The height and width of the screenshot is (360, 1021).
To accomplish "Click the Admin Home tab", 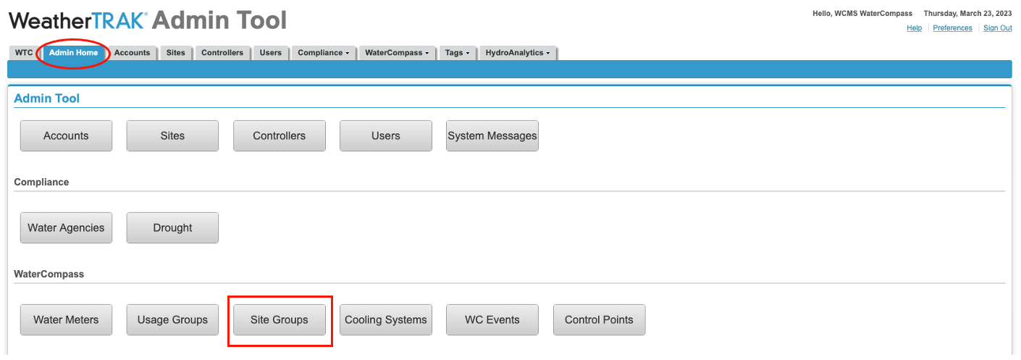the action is (x=73, y=53).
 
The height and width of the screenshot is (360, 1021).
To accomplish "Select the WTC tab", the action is (x=24, y=53).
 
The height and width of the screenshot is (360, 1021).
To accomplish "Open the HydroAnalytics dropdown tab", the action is (x=518, y=53).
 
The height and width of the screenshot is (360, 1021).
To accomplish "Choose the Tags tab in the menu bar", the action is (x=457, y=53).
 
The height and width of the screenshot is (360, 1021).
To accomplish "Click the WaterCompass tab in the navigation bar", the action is (x=397, y=53).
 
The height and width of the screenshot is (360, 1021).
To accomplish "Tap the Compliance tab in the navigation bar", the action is (x=324, y=53).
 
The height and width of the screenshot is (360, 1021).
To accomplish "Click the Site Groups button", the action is (x=280, y=320).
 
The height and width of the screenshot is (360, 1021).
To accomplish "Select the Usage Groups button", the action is (x=173, y=320).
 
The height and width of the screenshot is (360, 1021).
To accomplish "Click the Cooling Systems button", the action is (x=386, y=320).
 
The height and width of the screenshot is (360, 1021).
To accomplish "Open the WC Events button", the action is (x=492, y=320).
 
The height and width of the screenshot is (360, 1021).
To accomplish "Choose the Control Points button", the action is (x=600, y=320).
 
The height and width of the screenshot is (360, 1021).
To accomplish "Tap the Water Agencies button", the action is (x=66, y=228).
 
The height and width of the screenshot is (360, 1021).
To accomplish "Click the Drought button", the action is (x=173, y=228).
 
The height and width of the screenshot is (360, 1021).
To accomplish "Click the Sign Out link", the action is (x=997, y=28).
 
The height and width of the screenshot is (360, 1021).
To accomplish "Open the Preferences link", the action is (x=952, y=28).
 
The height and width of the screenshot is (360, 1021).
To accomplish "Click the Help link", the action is (x=914, y=28).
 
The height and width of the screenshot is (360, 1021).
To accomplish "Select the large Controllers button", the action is (x=280, y=135).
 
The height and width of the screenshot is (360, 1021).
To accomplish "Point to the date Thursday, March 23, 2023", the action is (x=967, y=14).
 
